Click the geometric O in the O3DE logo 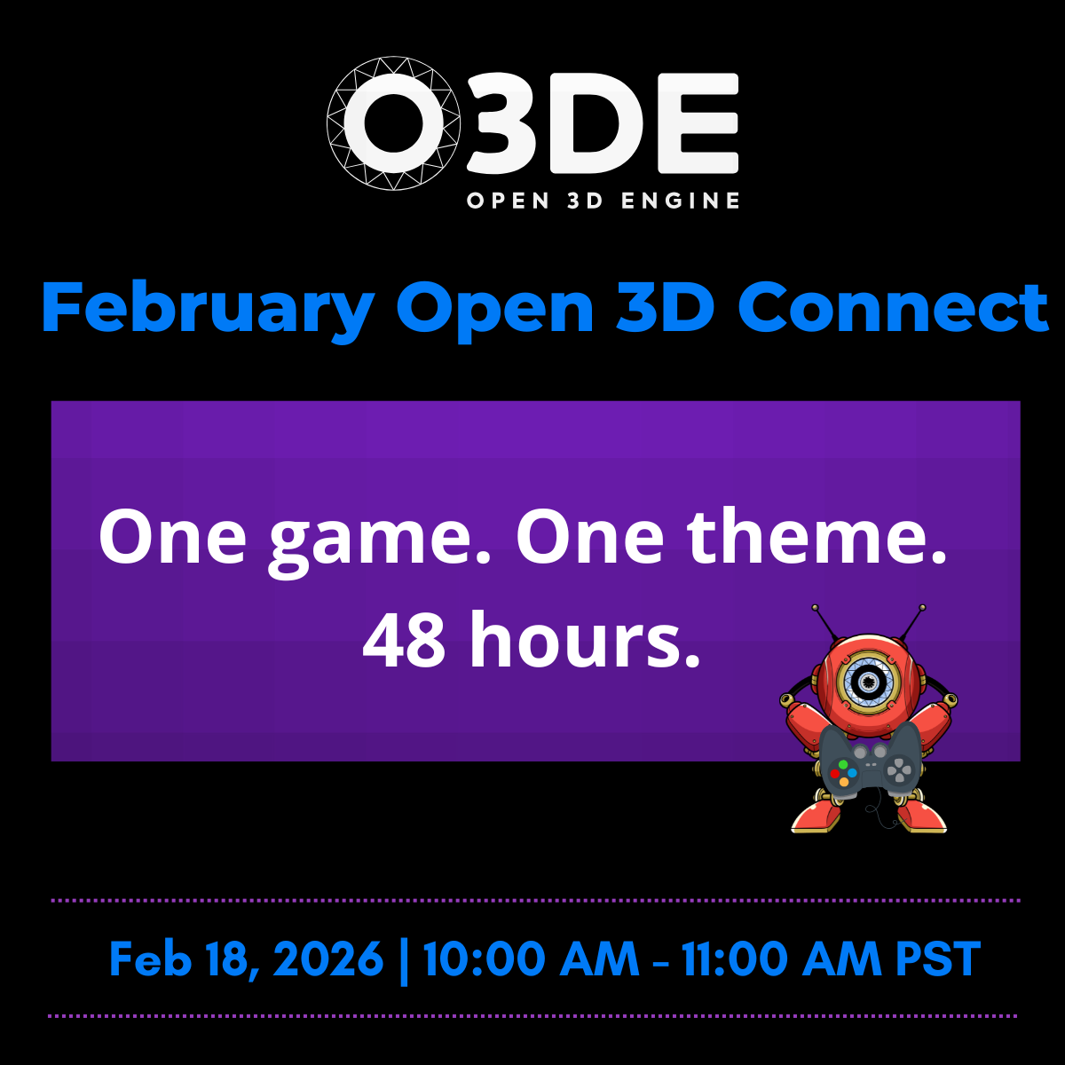pyautogui.click(x=394, y=123)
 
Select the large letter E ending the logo pyautogui.click(x=698, y=123)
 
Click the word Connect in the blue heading pyautogui.click(x=894, y=307)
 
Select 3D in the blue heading pyautogui.click(x=665, y=307)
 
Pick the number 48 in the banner pyautogui.click(x=404, y=640)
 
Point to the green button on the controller pyautogui.click(x=842, y=763)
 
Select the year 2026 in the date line pyautogui.click(x=328, y=959)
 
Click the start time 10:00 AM pyautogui.click(x=531, y=959)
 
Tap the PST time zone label pyautogui.click(x=938, y=959)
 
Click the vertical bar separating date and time pyautogui.click(x=405, y=959)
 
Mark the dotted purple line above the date pyautogui.click(x=532, y=900)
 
